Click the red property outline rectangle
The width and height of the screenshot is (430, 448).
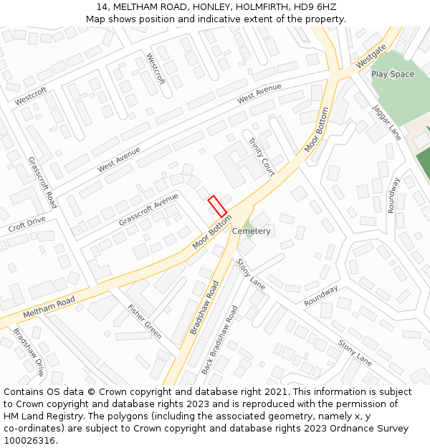pos(216,206)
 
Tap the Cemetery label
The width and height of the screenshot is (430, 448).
pos(251,232)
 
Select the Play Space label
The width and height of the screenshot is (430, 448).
pos(392,75)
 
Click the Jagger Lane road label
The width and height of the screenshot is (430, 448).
pos(386,122)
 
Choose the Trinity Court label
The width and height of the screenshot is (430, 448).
pos(262,157)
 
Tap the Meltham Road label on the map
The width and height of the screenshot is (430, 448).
pos(49,309)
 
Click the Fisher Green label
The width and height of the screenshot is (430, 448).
pos(144,323)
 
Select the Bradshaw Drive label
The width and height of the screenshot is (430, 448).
pos(29,353)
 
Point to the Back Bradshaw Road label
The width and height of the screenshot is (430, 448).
pos(219,340)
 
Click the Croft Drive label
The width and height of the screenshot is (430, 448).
pos(27,224)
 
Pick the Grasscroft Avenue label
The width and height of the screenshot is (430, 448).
pos(148,210)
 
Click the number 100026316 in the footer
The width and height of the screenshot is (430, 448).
pos(30,440)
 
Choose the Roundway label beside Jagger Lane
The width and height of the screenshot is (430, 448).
pos(392,195)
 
